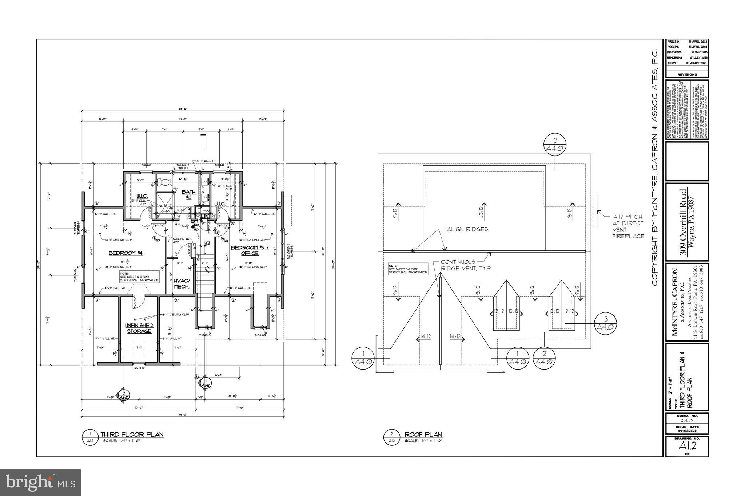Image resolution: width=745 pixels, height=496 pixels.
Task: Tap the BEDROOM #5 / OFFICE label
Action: tap(250, 250)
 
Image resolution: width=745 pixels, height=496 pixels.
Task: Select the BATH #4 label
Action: tap(189, 194)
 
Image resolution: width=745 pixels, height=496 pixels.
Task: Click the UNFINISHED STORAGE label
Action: tap(139, 328)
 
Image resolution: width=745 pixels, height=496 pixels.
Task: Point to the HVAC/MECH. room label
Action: tap(182, 283)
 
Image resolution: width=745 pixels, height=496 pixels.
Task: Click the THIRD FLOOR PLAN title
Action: tap(132, 434)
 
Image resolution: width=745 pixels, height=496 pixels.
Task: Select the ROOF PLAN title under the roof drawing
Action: tap(423, 434)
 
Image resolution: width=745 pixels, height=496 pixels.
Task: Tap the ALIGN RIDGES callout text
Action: tap(467, 229)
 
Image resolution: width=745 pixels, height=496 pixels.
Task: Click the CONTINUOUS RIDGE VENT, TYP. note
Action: tap(466, 265)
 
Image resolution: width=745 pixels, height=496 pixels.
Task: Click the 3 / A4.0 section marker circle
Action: tap(606, 323)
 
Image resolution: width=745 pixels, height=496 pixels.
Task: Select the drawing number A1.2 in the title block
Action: tap(686, 446)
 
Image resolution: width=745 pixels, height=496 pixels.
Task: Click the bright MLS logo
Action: tap(40, 483)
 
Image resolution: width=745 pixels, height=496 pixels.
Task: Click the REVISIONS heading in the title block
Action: tap(687, 74)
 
